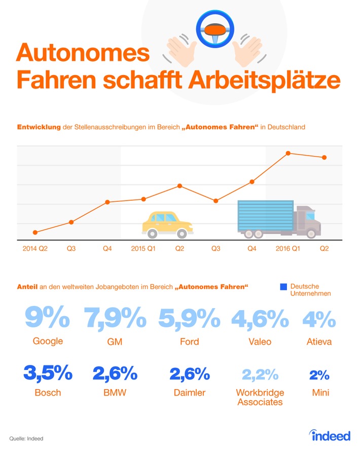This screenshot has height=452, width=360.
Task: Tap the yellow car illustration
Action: [x=167, y=224]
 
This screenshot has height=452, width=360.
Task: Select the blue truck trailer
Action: [x=266, y=216]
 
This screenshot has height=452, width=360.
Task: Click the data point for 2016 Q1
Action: [x=288, y=153]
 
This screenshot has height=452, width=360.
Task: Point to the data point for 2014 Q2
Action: [x=35, y=232]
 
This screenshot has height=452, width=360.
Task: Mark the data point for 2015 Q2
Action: [x=179, y=186]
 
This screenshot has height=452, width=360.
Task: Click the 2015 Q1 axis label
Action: [x=143, y=249]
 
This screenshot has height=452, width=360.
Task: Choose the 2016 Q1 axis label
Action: [x=288, y=249]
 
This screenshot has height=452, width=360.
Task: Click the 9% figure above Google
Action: [x=48, y=318]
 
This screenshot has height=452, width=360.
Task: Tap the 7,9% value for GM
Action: [x=115, y=318]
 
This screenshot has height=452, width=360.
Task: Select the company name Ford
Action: [x=189, y=342]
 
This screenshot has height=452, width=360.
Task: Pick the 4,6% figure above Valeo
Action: [x=260, y=318]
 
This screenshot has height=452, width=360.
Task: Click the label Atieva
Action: [x=319, y=342]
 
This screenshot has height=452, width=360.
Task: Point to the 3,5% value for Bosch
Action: [x=48, y=374]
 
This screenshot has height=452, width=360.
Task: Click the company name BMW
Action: [x=115, y=393]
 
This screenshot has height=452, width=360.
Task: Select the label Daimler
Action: [x=189, y=393]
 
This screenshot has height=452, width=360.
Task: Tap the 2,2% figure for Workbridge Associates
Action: [x=260, y=374]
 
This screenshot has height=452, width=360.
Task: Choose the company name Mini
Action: [x=319, y=393]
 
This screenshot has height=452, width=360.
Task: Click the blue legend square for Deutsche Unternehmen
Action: [x=283, y=287]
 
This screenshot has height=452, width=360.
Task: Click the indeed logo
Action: [x=330, y=435]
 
